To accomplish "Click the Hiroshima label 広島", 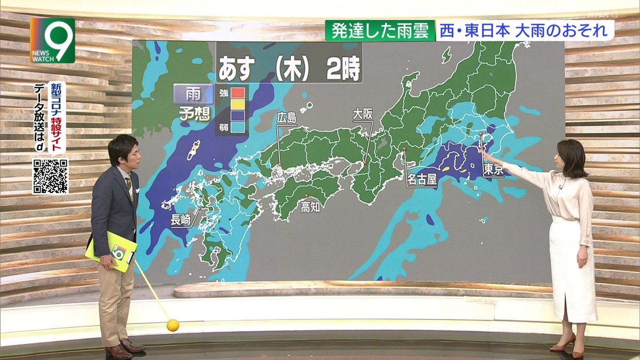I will click(x=286, y=118).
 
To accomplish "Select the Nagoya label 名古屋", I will click(x=421, y=179).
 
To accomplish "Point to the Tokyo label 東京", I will click(x=491, y=169).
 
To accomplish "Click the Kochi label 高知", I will click(x=310, y=206).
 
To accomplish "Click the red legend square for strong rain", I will click(x=238, y=92).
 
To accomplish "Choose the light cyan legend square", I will click(x=238, y=127).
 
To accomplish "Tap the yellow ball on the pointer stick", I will click(x=172, y=325).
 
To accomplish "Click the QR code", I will click(x=50, y=176).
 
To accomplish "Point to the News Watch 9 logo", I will click(x=52, y=40).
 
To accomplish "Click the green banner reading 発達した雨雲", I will click(x=380, y=31).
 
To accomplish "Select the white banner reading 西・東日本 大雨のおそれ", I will click(x=525, y=31).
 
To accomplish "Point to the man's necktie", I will click(x=129, y=187).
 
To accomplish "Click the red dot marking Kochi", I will click(x=307, y=195).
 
